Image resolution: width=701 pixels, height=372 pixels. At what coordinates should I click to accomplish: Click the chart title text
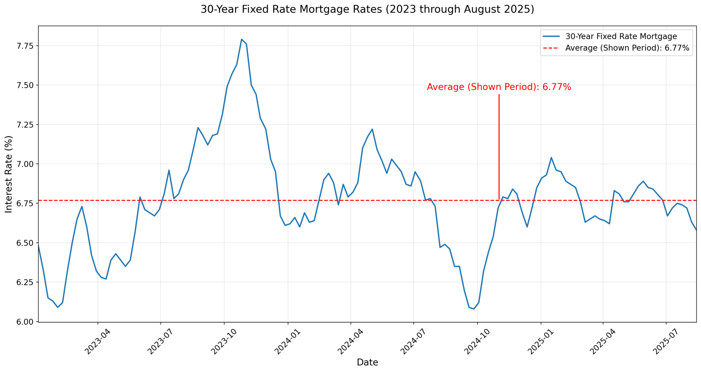(367, 10)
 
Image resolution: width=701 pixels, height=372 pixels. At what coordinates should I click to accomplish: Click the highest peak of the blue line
(241, 39)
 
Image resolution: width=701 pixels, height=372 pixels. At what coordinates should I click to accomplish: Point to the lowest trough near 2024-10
(474, 309)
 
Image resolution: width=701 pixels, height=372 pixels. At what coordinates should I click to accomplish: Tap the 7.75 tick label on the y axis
(24, 46)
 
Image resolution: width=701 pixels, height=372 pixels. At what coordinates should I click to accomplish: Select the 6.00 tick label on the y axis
(24, 322)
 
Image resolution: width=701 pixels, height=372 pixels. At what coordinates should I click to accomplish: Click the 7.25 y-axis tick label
(24, 125)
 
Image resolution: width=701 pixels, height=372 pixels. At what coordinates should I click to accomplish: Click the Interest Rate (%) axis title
(9, 174)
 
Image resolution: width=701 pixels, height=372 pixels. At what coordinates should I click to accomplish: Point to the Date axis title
(367, 362)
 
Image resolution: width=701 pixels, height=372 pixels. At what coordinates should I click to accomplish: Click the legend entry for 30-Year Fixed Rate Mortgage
(621, 37)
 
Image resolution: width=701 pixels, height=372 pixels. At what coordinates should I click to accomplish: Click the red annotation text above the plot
(499, 87)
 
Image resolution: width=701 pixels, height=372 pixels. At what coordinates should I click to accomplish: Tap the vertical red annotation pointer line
(499, 146)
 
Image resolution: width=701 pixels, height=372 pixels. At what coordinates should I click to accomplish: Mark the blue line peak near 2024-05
(372, 129)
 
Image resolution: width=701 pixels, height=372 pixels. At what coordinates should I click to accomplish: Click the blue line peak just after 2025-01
(551, 157)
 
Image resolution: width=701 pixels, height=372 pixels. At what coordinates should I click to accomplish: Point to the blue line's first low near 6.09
(57, 307)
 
